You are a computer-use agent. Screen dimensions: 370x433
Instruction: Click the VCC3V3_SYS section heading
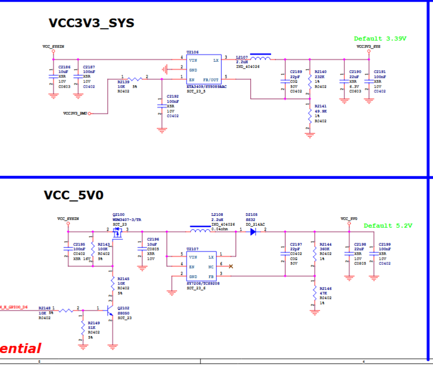pos(91,23)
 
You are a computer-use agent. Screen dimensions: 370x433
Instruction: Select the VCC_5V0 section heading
pos(74,195)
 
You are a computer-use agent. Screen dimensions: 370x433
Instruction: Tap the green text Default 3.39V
pos(380,39)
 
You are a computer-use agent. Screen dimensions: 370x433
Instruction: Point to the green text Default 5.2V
pos(388,226)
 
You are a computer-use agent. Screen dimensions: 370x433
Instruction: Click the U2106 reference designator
pos(192,52)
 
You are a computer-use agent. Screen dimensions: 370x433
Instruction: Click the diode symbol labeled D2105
pos(253,232)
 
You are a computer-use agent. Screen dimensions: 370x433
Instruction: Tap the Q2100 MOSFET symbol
pos(118,234)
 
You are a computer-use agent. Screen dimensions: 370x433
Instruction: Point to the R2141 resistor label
pos(320,106)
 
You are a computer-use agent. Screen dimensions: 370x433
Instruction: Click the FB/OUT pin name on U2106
pos(211,80)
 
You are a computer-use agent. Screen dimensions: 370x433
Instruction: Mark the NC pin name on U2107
pos(211,266)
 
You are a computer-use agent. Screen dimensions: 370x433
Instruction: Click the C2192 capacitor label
pos(173,96)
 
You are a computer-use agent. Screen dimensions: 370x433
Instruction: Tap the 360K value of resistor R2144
pos(325,249)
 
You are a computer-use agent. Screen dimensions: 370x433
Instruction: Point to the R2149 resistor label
pos(94,323)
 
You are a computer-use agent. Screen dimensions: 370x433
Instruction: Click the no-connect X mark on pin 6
pos(230,266)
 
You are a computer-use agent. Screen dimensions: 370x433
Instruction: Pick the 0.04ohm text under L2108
pos(220,229)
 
